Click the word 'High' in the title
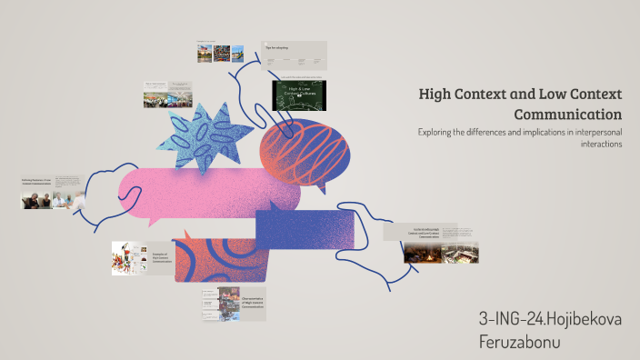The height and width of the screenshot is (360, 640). (x=435, y=95)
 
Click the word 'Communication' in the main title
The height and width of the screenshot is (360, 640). (x=567, y=115)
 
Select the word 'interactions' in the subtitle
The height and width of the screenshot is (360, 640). (x=595, y=145)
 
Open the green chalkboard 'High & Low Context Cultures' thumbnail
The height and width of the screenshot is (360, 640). (x=299, y=95)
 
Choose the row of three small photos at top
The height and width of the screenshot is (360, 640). (x=221, y=53)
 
